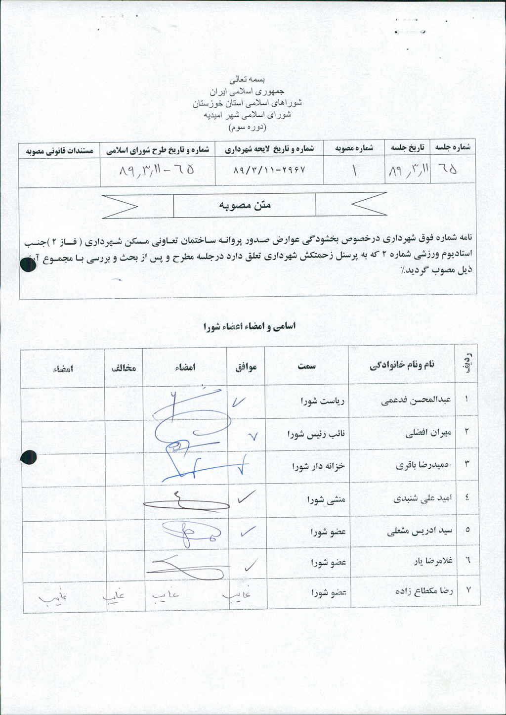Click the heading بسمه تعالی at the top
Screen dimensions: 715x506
pos(248,79)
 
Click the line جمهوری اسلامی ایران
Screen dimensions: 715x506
pos(248,91)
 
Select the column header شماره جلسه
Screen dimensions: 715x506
pos(452,147)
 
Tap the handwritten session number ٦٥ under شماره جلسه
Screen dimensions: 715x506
pos(448,170)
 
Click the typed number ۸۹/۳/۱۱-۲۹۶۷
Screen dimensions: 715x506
pos(269,170)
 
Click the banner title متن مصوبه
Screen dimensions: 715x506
pos(245,205)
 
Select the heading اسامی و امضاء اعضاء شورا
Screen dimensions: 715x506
pos(250,327)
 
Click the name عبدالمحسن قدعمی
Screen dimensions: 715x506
pos(417,401)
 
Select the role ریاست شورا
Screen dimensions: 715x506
pos(322,401)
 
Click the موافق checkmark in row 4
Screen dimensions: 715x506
pos(246,498)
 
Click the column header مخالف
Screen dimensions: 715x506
pos(124,368)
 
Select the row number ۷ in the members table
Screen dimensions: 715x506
pos(467,590)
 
